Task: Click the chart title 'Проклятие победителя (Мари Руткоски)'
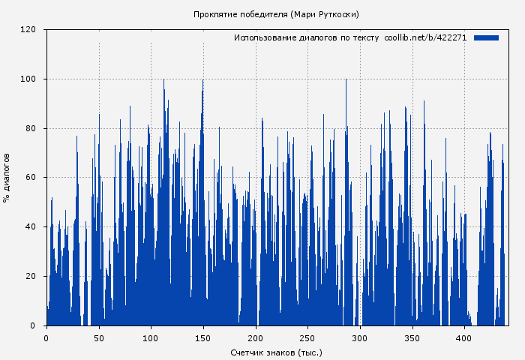point(276,14)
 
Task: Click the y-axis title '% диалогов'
point(7,178)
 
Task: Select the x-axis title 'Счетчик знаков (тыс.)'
point(276,352)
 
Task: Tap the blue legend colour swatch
point(486,37)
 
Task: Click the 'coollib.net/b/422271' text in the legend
point(425,37)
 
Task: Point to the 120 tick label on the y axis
point(28,30)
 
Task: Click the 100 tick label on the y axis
point(28,79)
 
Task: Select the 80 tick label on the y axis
point(31,128)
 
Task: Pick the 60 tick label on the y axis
point(31,178)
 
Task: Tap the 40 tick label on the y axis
point(31,227)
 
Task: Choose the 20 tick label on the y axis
point(31,277)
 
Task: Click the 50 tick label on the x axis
point(99,338)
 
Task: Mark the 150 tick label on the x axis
point(203,338)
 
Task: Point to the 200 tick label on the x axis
point(256,338)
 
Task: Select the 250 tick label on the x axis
point(308,338)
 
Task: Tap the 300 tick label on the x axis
point(360,338)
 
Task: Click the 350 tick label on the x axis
point(412,338)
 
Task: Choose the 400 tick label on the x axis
point(465,338)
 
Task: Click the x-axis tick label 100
point(151,338)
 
